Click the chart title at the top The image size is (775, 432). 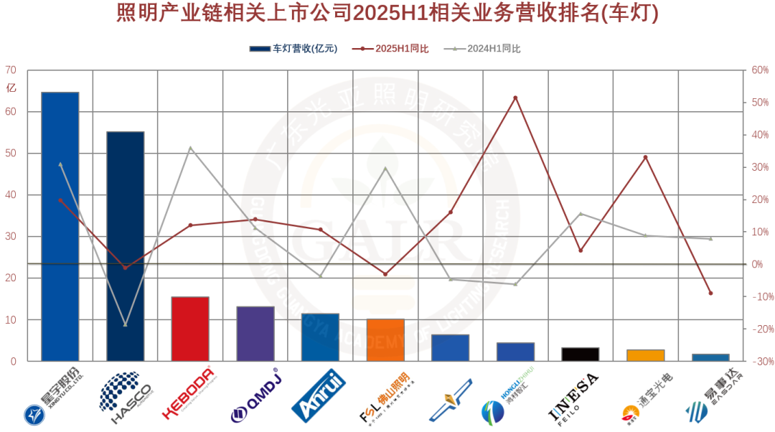(387, 14)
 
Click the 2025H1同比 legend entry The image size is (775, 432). (391, 49)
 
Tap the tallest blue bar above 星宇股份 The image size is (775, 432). (60, 226)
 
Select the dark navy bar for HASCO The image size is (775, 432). (126, 246)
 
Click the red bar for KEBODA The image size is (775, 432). (190, 329)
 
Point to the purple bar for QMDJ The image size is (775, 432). (255, 334)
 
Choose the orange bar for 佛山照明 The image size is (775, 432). (385, 339)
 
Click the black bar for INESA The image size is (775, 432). (581, 354)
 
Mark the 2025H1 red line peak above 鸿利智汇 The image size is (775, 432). (515, 98)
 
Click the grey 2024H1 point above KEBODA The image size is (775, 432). (190, 148)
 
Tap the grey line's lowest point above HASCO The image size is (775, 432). (126, 324)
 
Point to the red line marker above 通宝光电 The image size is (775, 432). (645, 157)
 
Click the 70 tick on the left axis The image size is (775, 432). (11, 70)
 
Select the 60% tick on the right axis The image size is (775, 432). (759, 70)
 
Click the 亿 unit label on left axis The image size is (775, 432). (11, 88)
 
